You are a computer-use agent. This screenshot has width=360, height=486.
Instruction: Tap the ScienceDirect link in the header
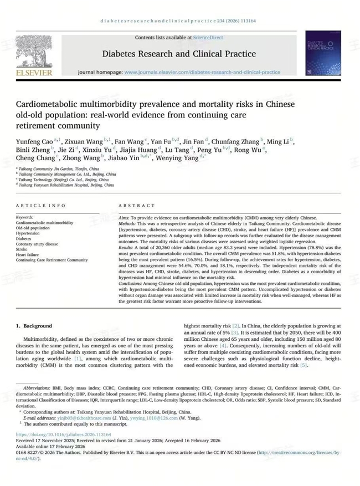pos(208,38)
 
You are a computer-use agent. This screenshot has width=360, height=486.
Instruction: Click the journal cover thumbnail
pos(323,53)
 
